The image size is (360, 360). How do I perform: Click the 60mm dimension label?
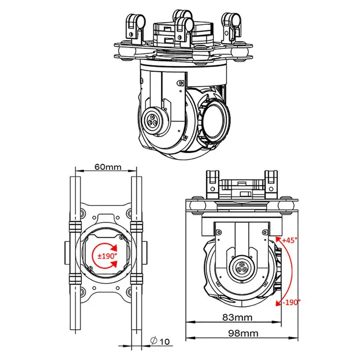(x=108, y=167)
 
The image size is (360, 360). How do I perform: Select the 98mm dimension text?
(x=243, y=333)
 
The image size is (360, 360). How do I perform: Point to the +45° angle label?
(x=290, y=240)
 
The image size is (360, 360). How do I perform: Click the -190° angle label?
(x=291, y=302)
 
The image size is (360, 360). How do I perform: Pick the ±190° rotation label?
(x=107, y=256)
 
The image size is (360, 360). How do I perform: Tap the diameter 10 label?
(x=160, y=341)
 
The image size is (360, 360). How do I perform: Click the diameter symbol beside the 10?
(x=154, y=341)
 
